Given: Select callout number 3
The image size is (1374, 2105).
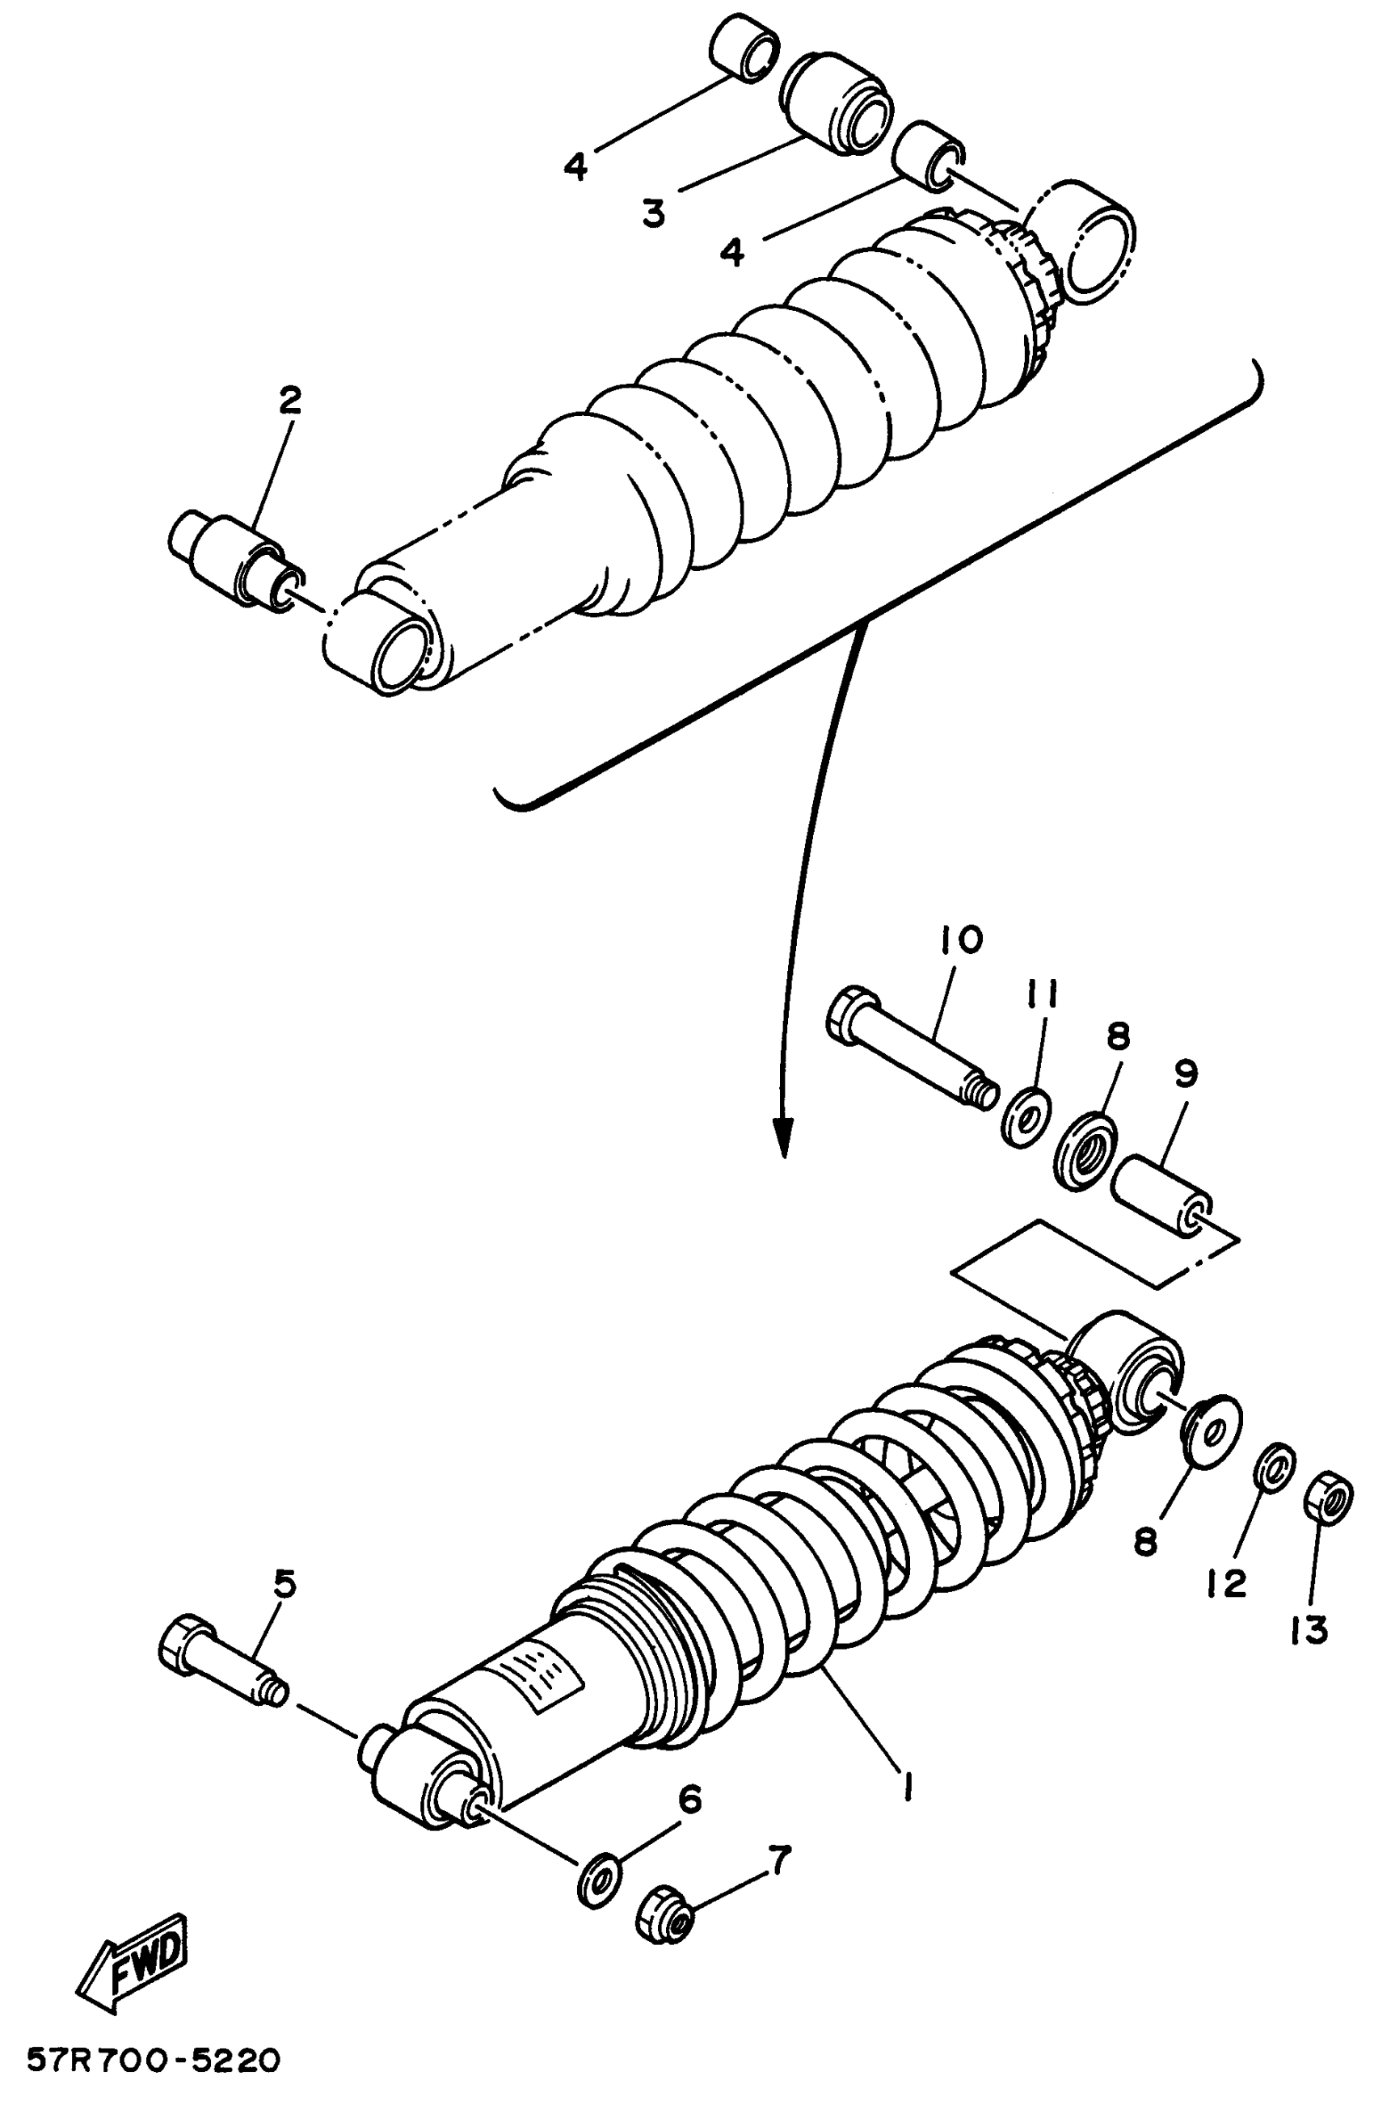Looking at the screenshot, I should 653,213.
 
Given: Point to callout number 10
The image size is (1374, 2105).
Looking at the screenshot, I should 962,939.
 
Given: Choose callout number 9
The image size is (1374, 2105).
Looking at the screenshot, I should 1186,1074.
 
